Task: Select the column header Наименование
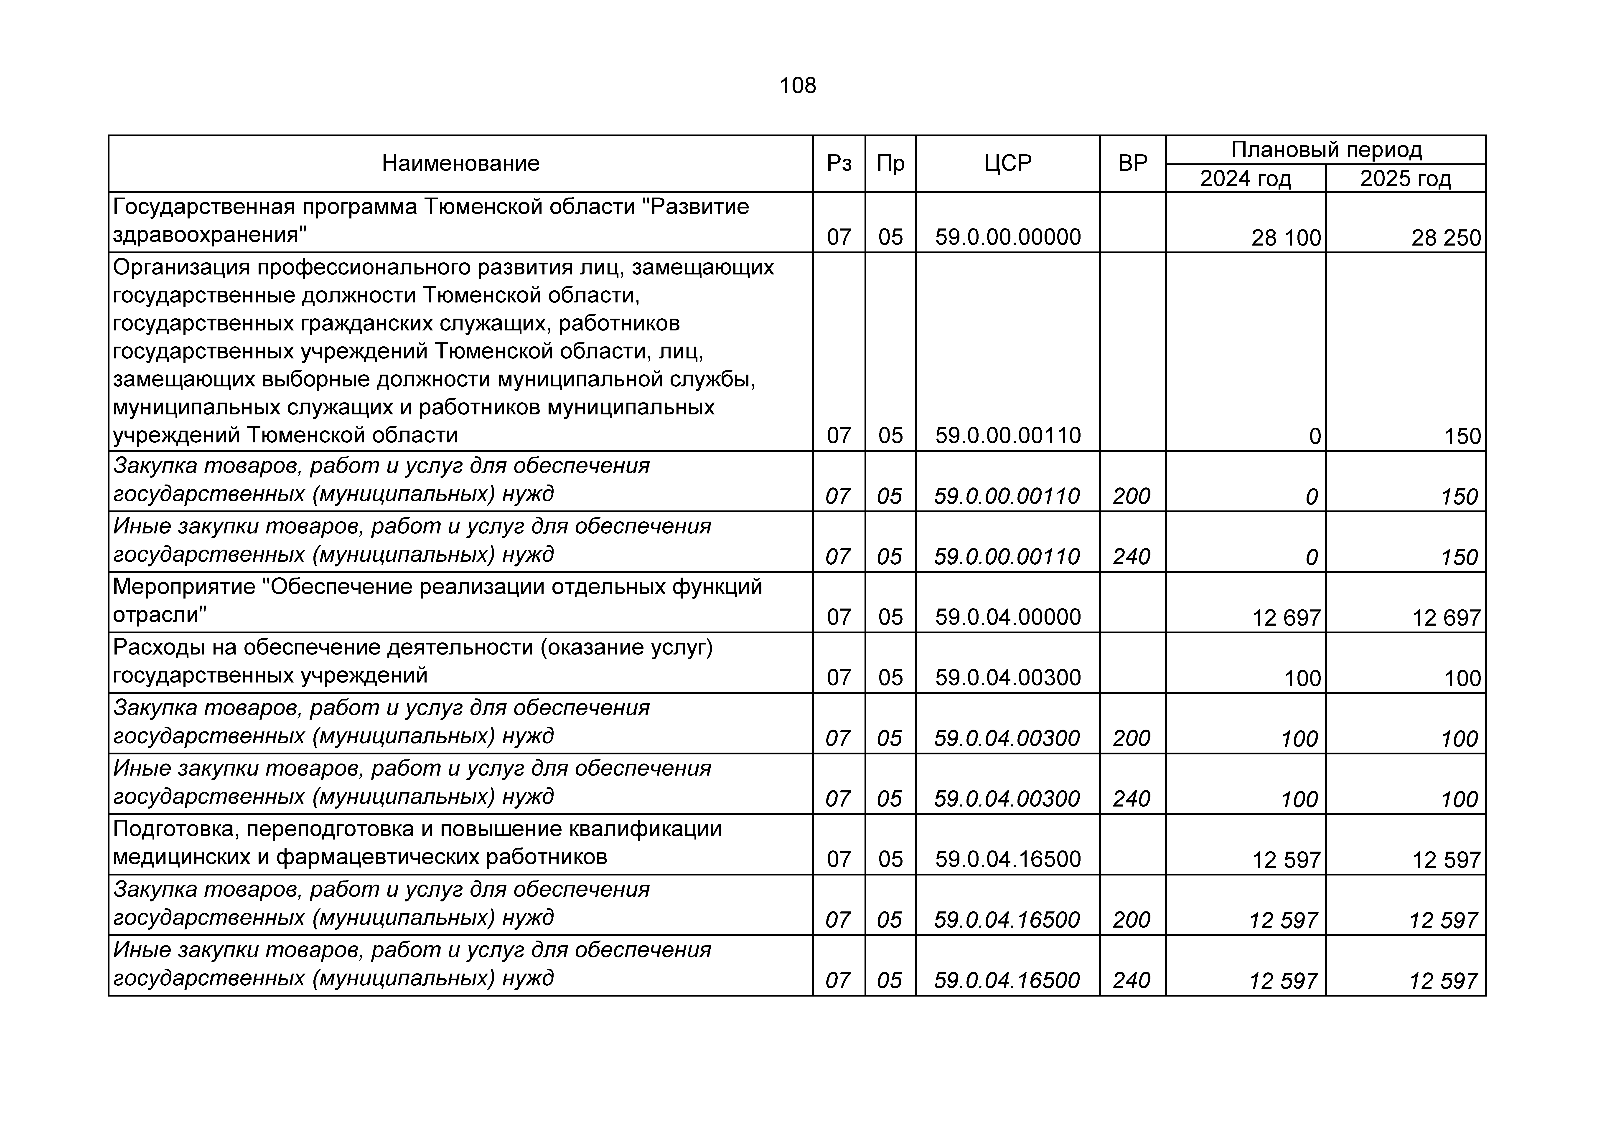pyautogui.click(x=460, y=163)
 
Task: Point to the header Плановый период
pyautogui.click(x=1326, y=150)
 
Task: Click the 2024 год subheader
pyautogui.click(x=1245, y=179)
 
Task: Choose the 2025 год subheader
pyautogui.click(x=1405, y=179)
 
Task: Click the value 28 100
pyautogui.click(x=1285, y=238)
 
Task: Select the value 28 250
pyautogui.click(x=1445, y=238)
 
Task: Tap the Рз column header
pyautogui.click(x=839, y=163)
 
